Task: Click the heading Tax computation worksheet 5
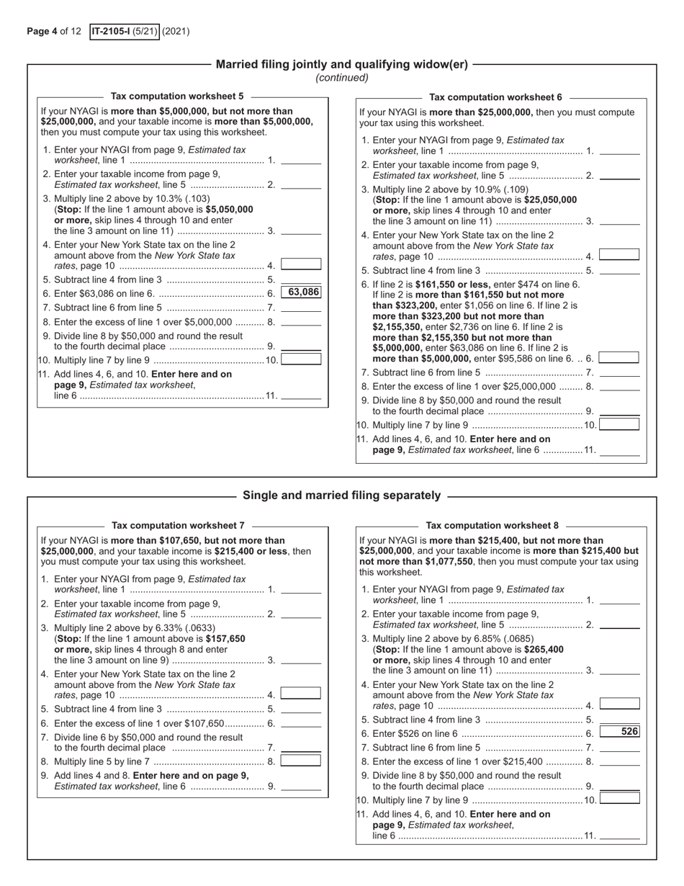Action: (x=177, y=96)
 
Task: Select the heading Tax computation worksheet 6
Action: (x=495, y=97)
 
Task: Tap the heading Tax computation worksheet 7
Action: (x=178, y=526)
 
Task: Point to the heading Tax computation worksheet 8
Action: (x=492, y=526)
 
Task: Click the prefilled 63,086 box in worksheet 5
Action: (x=301, y=292)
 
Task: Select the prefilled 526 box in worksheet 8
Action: (x=619, y=732)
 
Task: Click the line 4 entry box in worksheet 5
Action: (x=301, y=264)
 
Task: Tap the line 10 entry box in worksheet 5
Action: (x=301, y=359)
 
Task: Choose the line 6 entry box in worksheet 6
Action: (x=619, y=357)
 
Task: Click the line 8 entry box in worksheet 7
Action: (x=301, y=761)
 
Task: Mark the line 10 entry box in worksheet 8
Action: (x=619, y=799)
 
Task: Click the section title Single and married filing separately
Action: (x=341, y=496)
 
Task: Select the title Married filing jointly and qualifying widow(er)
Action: (x=342, y=64)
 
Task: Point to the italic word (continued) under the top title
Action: (x=342, y=78)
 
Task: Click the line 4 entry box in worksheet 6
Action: (x=619, y=255)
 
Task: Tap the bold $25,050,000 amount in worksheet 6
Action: (x=551, y=200)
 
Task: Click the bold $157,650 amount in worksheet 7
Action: (x=225, y=638)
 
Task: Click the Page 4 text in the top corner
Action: (x=42, y=32)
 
